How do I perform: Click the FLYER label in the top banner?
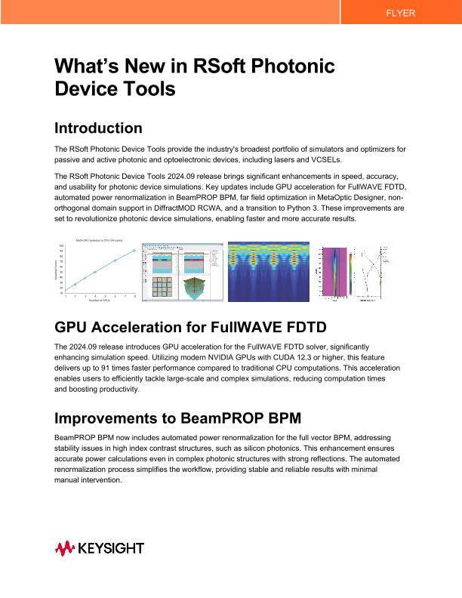(399, 14)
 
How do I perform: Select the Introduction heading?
(98, 128)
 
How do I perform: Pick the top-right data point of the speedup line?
(134, 251)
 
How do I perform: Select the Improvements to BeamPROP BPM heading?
(182, 418)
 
